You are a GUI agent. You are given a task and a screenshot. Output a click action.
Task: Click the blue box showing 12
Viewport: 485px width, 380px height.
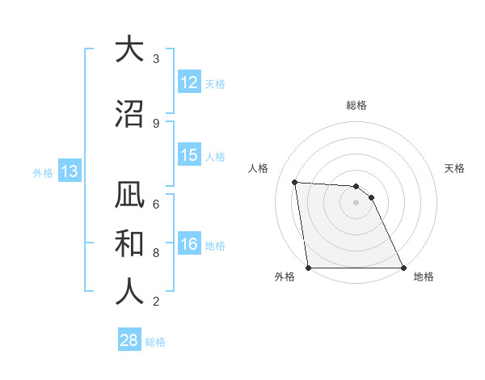point(189,82)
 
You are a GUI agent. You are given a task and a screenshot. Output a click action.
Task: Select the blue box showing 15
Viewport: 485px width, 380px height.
point(189,155)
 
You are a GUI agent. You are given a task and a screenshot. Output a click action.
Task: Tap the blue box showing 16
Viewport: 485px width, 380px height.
point(189,245)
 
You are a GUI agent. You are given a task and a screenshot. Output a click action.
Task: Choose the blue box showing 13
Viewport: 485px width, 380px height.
point(69,171)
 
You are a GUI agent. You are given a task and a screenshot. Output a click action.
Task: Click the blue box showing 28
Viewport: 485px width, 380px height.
point(129,340)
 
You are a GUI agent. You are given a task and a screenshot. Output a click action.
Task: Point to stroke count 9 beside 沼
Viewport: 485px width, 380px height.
point(155,124)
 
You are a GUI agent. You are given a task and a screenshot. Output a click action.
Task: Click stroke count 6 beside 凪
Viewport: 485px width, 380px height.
point(155,205)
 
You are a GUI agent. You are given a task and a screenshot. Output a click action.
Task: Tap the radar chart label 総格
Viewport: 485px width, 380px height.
point(356,105)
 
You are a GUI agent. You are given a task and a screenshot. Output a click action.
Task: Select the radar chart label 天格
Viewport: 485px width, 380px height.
point(455,168)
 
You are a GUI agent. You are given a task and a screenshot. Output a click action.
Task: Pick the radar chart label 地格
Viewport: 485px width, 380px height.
point(424,277)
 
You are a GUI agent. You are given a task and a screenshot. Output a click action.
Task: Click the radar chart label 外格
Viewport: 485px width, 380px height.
point(285,277)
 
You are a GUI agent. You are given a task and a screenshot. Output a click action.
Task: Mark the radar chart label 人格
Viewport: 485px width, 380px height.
point(258,168)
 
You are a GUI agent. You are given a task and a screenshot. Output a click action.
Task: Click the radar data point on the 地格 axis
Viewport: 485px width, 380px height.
point(403,268)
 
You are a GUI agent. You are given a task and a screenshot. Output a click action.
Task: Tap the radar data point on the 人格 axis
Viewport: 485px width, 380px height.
point(294,183)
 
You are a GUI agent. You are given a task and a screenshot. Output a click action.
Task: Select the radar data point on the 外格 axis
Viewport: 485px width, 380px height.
point(308,268)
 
